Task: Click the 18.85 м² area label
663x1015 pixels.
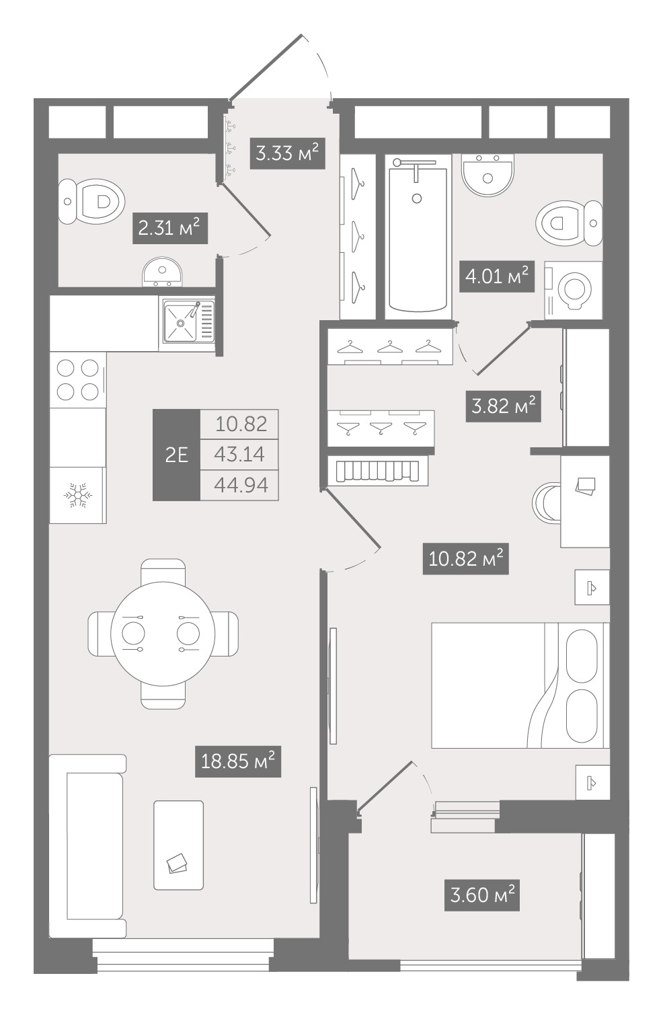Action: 238,761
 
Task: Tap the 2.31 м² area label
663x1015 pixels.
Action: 170,228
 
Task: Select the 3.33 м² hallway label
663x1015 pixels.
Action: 288,153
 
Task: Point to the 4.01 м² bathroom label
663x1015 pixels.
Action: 498,276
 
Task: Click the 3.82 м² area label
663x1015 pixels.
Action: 504,406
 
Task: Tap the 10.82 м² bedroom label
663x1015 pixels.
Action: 465,558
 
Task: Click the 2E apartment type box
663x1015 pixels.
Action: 177,455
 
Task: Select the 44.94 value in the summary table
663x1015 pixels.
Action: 241,485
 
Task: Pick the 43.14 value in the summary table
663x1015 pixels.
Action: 239,454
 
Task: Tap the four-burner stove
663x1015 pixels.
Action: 78,380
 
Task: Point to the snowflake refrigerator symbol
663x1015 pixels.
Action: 78,495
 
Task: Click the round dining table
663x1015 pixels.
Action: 163,634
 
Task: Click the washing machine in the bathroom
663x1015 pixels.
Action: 574,290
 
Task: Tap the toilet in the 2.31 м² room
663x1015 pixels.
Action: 91,201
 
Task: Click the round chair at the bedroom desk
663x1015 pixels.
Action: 547,502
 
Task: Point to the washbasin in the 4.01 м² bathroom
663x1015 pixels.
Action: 487,174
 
